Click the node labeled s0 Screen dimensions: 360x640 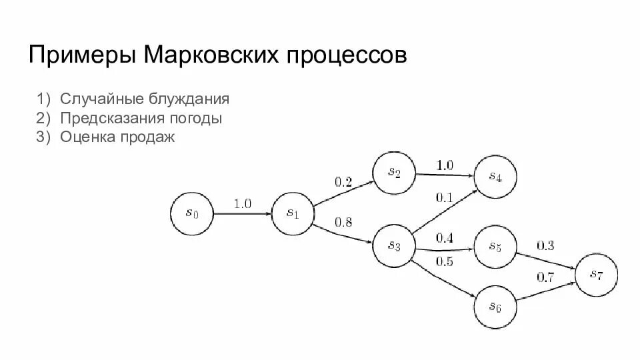tap(192, 213)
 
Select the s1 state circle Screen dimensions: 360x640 tap(292, 213)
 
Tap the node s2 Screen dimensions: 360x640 tap(394, 172)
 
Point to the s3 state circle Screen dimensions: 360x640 tap(394, 246)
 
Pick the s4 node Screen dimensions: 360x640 tap(495, 177)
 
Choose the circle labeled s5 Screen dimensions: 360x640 tap(495, 247)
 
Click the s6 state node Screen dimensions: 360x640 tap(495, 306)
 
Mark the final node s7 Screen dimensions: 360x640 tap(596, 275)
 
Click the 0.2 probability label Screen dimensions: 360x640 tap(343, 181)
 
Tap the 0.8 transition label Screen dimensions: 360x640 tap(343, 222)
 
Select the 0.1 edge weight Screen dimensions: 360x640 tap(444, 197)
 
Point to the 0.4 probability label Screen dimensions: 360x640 tap(445, 238)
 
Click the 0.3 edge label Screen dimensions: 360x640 tap(545, 245)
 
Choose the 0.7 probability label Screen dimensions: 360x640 tap(545, 277)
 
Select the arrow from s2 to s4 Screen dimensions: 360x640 tap(445, 175)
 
